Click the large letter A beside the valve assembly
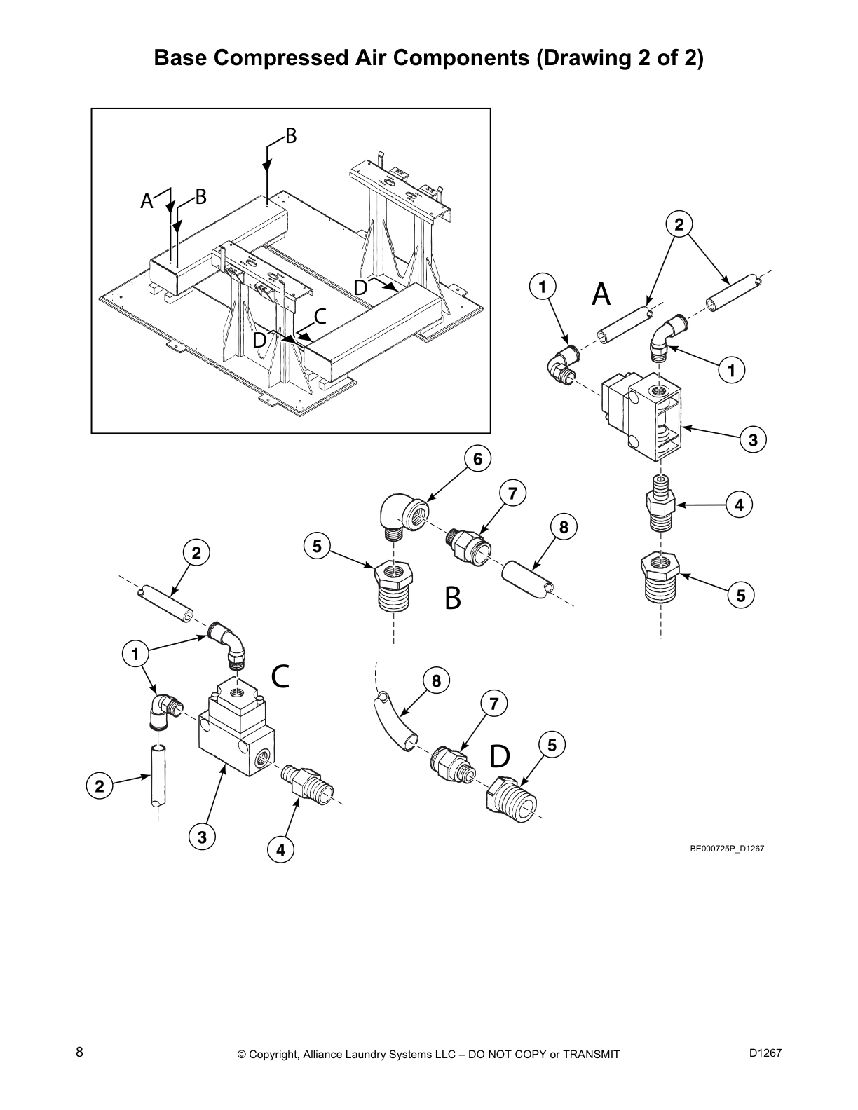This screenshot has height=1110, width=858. [601, 294]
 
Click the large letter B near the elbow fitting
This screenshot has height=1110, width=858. [453, 598]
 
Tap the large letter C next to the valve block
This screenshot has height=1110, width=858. [280, 676]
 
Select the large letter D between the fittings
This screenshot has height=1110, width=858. [500, 756]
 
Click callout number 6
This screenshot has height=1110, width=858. [477, 459]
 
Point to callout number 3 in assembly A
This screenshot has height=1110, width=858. [752, 441]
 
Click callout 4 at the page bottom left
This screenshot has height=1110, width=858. [280, 851]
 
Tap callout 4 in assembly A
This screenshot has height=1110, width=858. [738, 505]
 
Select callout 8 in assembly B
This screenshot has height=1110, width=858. [564, 526]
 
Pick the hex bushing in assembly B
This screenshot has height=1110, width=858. [395, 585]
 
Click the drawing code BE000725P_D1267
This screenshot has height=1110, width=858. [726, 849]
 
